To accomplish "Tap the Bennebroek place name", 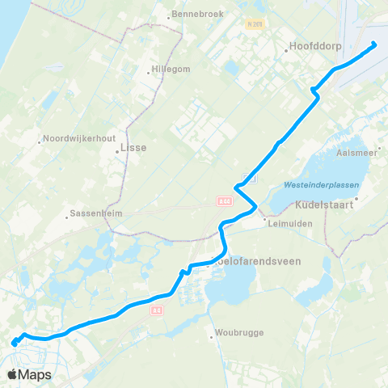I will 194,15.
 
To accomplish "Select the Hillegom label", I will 171,69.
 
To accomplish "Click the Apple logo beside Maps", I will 12,374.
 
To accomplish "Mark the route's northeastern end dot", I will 374,44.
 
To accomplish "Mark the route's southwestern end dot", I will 15,343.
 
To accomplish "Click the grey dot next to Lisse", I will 119,150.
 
